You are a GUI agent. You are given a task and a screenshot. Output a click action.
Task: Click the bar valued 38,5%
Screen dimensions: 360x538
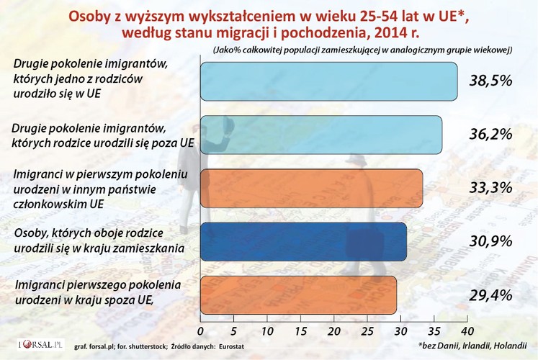(x=328, y=81)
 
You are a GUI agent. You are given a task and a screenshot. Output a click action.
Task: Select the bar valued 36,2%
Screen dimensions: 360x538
(x=320, y=134)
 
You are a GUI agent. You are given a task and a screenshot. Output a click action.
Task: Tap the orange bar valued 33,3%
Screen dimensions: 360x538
(x=311, y=188)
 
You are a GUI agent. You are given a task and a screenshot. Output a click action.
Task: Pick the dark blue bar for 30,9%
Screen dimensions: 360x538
(x=302, y=241)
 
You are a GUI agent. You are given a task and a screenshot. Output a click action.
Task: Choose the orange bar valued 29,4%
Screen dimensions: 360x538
(x=298, y=294)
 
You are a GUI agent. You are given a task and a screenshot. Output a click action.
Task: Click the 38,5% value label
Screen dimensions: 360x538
(x=491, y=81)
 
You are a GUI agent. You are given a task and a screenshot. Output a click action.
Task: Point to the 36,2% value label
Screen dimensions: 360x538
(x=491, y=134)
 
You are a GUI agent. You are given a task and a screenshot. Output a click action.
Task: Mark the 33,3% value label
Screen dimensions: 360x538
(x=491, y=188)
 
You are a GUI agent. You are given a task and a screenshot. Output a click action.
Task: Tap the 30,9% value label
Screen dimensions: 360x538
(x=491, y=241)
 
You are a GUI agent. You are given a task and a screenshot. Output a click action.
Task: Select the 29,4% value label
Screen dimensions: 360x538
(x=491, y=294)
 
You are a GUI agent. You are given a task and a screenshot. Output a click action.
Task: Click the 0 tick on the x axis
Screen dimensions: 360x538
(x=199, y=330)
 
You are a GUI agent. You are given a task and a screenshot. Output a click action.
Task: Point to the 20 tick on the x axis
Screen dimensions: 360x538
(x=333, y=330)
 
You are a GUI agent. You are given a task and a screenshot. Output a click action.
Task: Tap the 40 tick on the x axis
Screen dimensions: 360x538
(x=466, y=330)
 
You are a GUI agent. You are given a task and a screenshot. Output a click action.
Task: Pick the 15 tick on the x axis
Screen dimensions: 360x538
(x=300, y=330)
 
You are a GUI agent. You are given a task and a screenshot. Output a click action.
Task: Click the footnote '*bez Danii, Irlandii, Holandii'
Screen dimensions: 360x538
(x=472, y=346)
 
